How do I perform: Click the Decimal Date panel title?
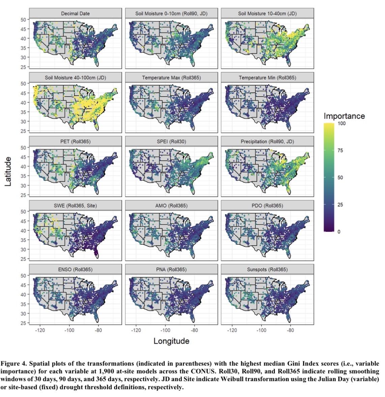(75, 14)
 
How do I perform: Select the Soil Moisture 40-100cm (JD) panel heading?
(75, 78)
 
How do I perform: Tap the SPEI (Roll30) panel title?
(171, 142)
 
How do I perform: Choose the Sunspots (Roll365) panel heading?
(267, 269)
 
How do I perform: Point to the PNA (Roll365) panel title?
(171, 269)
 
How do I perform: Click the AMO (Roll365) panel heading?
(171, 206)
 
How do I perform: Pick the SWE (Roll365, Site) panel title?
(75, 206)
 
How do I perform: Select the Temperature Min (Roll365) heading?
(267, 78)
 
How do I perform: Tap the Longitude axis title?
(171, 341)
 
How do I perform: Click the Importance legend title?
(344, 116)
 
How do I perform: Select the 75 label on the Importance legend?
(340, 151)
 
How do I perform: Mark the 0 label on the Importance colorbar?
(338, 231)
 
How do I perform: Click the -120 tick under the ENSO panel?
(40, 330)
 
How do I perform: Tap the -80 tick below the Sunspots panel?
(290, 330)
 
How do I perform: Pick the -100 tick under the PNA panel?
(165, 330)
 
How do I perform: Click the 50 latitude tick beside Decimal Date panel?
(23, 20)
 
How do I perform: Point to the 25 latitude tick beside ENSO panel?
(23, 323)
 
